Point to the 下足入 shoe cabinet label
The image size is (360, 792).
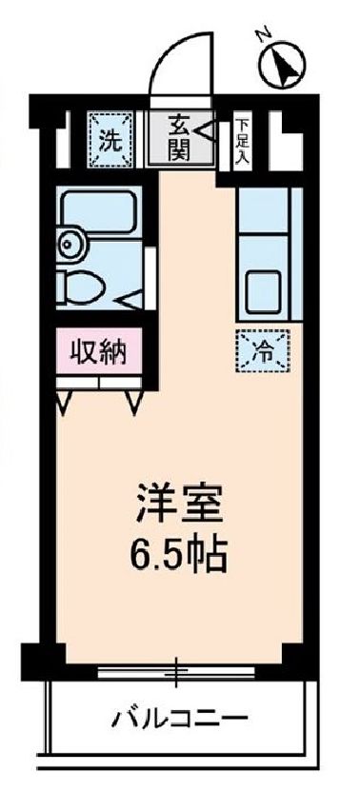click(244, 140)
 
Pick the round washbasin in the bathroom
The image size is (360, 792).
click(70, 243)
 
